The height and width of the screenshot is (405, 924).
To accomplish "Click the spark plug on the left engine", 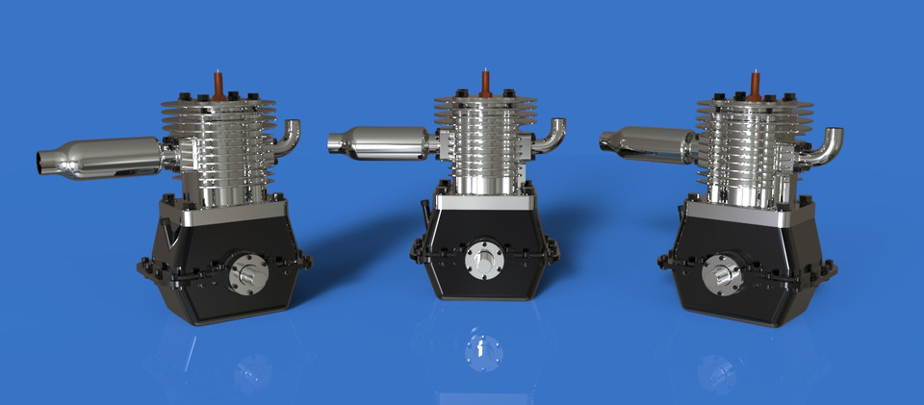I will point(219,84).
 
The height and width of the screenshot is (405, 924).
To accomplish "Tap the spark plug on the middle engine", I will point(486,82).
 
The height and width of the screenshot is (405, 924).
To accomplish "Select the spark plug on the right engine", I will point(755,84).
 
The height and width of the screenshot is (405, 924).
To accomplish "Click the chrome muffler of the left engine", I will point(106,157).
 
